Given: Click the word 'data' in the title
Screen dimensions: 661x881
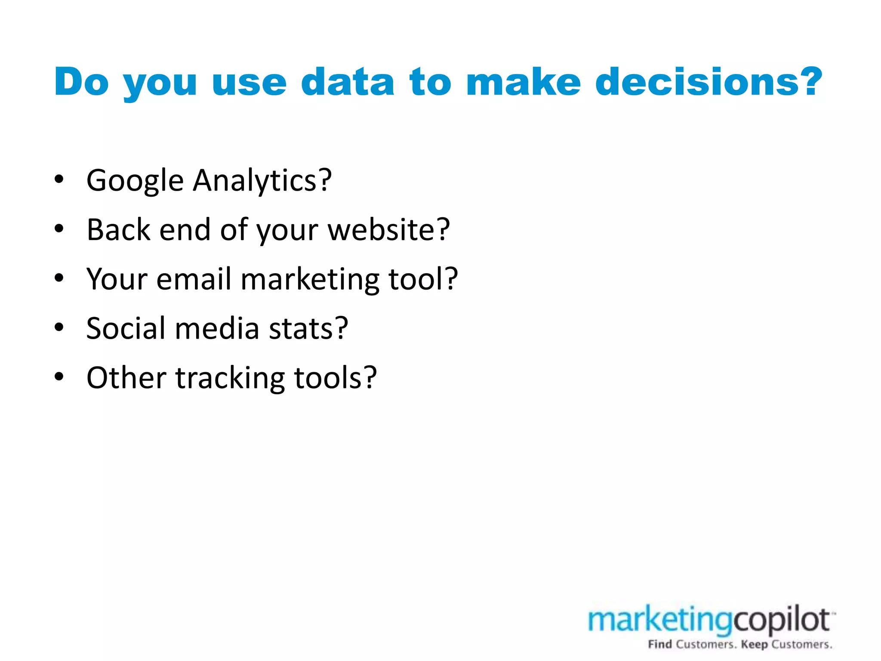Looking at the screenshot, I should [x=347, y=82].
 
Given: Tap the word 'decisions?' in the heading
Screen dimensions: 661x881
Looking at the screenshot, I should [x=708, y=82].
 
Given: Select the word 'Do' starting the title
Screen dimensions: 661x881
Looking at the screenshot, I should [x=81, y=82].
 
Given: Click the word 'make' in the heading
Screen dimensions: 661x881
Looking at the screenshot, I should [x=523, y=82].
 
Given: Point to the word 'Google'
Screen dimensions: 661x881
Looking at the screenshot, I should [x=135, y=181].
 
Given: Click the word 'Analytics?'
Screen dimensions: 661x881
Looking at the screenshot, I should [x=262, y=181].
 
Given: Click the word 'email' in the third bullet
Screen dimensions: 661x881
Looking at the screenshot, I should [x=194, y=279].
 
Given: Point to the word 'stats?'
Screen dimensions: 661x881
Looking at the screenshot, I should [x=308, y=328].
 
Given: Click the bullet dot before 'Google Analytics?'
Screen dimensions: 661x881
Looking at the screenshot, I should [x=59, y=179].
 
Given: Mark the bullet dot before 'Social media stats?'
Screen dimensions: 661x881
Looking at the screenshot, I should [x=59, y=327].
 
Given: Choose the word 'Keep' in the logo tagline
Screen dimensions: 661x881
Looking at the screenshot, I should [x=754, y=644].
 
